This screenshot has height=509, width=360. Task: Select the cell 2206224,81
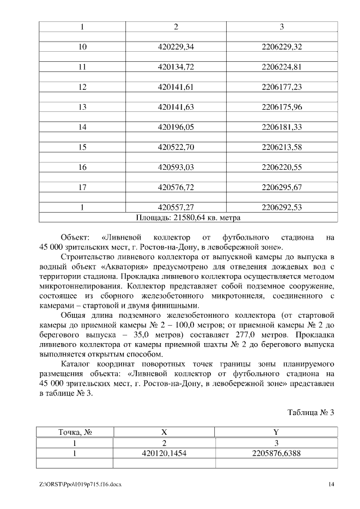tap(282, 67)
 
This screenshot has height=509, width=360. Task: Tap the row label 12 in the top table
tap(82, 87)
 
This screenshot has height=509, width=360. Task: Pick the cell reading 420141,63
tap(176, 107)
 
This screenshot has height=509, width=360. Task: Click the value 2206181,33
tap(282, 127)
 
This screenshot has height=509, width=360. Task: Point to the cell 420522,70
tap(176, 147)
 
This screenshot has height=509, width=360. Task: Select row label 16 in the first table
tap(82, 167)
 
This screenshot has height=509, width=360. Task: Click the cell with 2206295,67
tap(282, 187)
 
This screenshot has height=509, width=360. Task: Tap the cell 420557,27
tap(176, 208)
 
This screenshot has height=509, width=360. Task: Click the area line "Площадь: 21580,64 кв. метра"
tap(188, 217)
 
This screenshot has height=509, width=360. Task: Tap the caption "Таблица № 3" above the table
tap(311, 413)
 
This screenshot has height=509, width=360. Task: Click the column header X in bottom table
tap(164, 433)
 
